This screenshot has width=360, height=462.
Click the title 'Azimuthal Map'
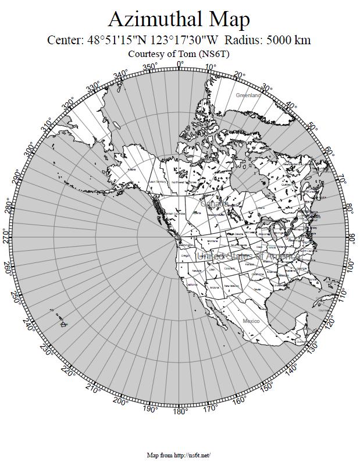pyautogui.click(x=179, y=19)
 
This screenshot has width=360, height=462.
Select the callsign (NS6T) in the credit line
pyautogui.click(x=215, y=54)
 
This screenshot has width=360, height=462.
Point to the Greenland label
pyautogui.click(x=248, y=95)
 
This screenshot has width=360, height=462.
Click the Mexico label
pyautogui.click(x=251, y=321)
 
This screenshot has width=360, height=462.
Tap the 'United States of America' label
pyautogui.click(x=249, y=256)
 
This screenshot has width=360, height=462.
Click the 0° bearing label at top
pyautogui.click(x=180, y=64)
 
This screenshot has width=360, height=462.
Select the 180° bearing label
pyautogui.click(x=180, y=411)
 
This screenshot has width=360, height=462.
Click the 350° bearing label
pyautogui.click(x=149, y=67)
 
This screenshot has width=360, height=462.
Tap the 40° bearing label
pyautogui.click(x=291, y=106)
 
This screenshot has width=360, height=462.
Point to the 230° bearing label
pyautogui.click(x=47, y=349)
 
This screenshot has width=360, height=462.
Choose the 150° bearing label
pyautogui.click(x=266, y=388)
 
